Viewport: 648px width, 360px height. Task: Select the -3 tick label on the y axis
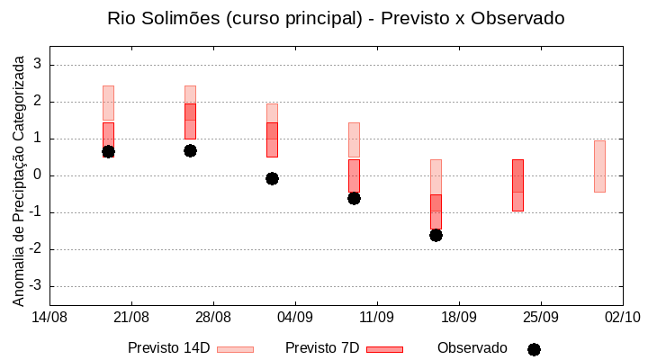[35, 286]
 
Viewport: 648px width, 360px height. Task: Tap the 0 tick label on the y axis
[38, 175]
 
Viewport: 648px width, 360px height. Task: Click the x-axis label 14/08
[49, 317]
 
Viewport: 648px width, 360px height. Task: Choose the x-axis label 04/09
[295, 317]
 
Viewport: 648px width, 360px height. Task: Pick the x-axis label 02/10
[622, 317]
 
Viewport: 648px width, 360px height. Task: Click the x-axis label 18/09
[459, 317]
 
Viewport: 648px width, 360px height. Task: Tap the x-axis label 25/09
[541, 317]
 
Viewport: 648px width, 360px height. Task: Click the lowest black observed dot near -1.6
[436, 235]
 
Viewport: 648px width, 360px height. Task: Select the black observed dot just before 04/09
[272, 178]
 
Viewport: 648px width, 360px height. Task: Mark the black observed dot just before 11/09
[354, 198]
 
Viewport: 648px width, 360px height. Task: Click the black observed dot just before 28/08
[190, 150]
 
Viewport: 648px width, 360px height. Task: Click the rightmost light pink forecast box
[599, 166]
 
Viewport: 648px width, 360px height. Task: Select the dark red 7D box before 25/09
[517, 184]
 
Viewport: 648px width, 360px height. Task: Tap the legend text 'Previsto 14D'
[169, 348]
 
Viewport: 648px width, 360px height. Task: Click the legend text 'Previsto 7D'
[322, 348]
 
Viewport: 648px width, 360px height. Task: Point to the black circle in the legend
[534, 349]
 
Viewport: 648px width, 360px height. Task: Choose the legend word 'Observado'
[472, 348]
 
